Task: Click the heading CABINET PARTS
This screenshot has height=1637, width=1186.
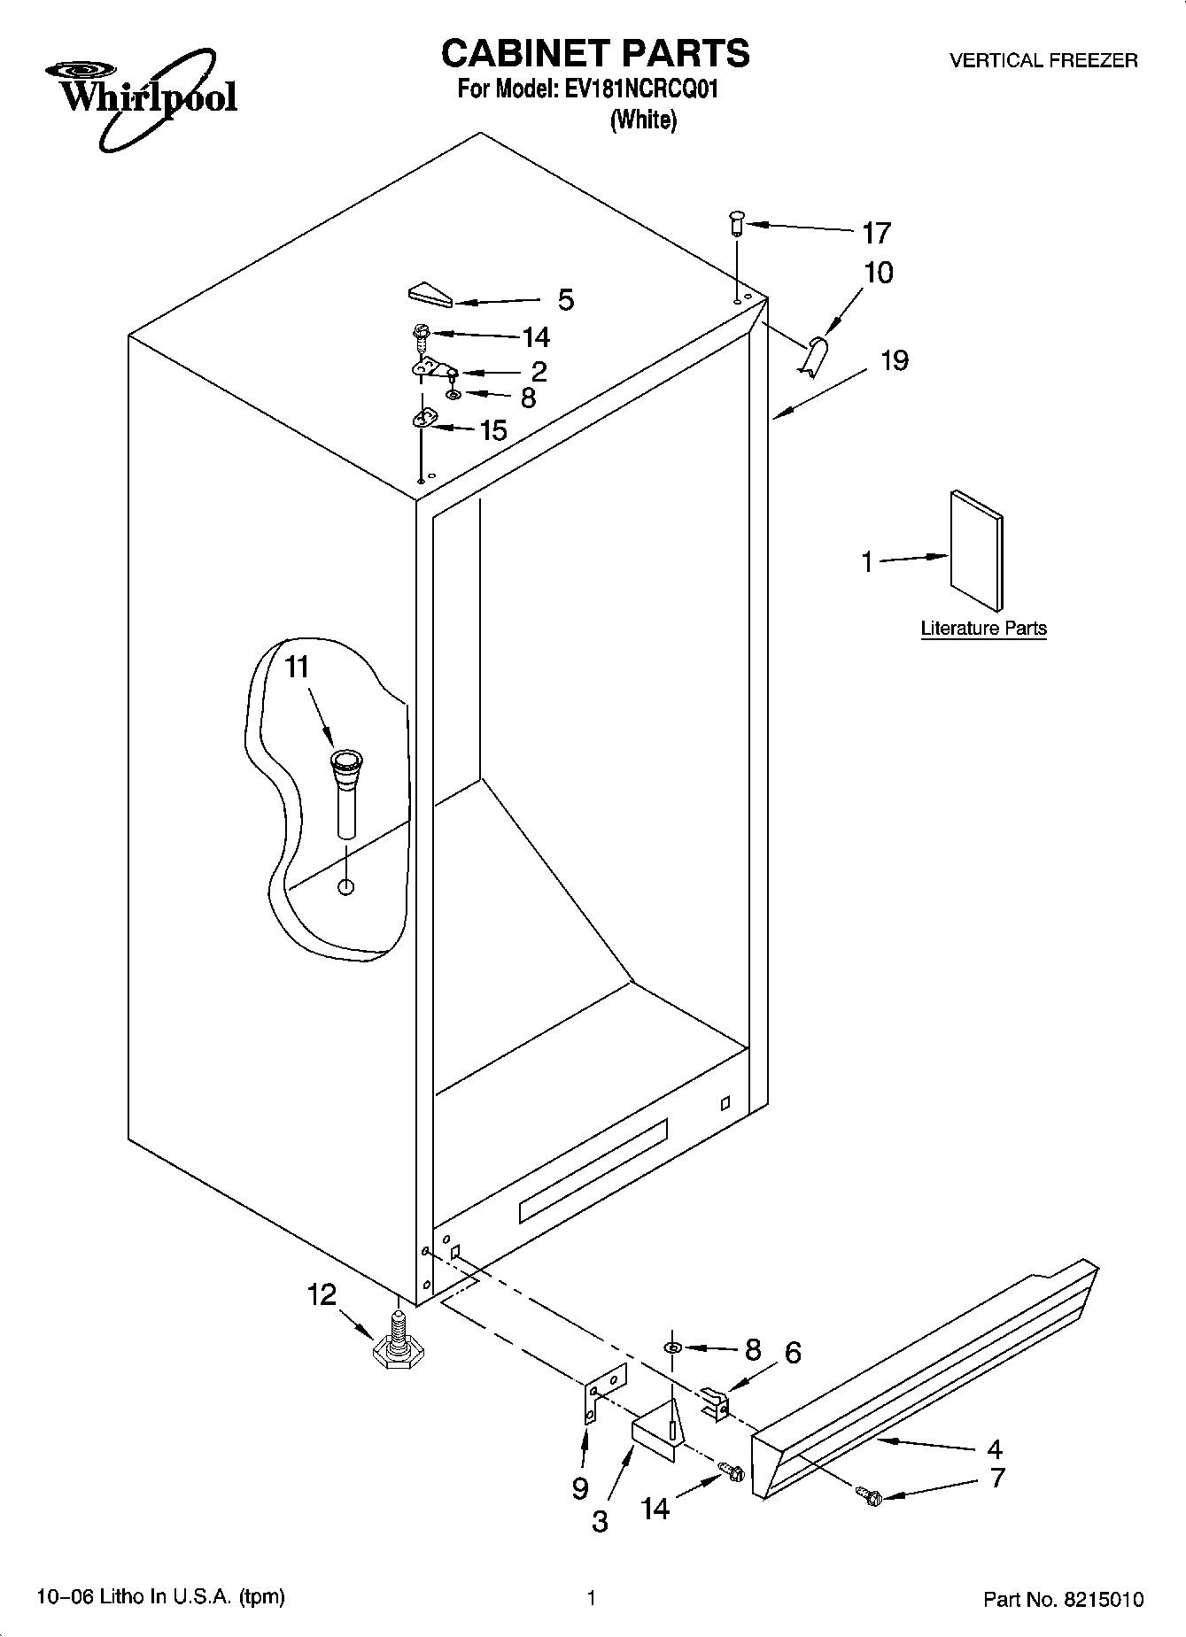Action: pos(594,53)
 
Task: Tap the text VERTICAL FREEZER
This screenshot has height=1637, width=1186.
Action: pos(1043,60)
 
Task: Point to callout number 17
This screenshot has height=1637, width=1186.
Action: pos(875,234)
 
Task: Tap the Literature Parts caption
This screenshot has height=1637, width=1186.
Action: pos(983,629)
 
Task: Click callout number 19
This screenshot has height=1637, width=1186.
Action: pos(895,361)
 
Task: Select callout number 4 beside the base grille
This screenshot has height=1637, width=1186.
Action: pos(994,1448)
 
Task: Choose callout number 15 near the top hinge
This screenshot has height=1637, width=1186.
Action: pos(492,430)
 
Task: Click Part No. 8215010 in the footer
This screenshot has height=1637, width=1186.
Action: pos(1063,1599)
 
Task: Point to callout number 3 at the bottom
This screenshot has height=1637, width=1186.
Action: pos(600,1521)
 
